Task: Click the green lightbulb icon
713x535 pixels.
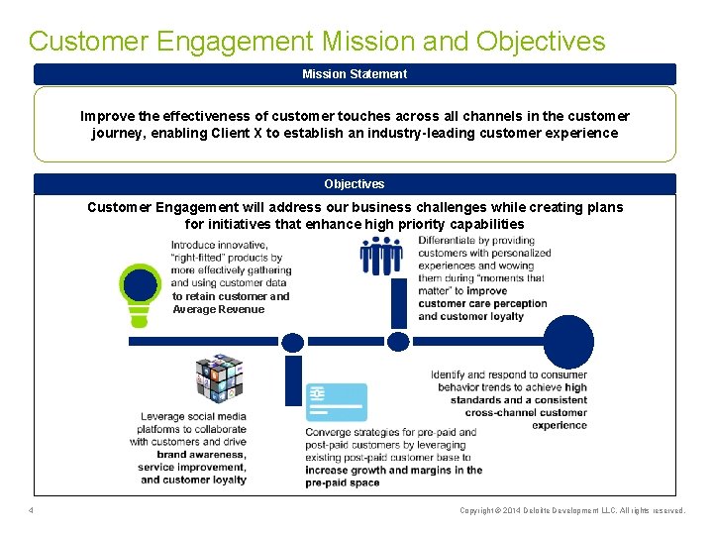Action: pyautogui.click(x=139, y=292)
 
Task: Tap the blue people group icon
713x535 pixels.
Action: pyautogui.click(x=381, y=256)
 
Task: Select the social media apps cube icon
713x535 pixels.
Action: pyautogui.click(x=219, y=377)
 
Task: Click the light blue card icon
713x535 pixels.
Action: pyautogui.click(x=336, y=402)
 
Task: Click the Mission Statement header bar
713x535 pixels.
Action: pyautogui.click(x=355, y=74)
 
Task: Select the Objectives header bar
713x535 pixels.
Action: pyautogui.click(x=355, y=184)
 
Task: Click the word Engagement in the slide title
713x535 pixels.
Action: pyautogui.click(x=247, y=42)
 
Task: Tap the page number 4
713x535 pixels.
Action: pyautogui.click(x=32, y=510)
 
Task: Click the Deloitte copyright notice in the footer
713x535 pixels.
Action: pyautogui.click(x=572, y=510)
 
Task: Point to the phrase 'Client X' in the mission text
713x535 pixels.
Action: pyautogui.click(x=267, y=133)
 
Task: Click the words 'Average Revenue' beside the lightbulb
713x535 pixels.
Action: pyautogui.click(x=219, y=309)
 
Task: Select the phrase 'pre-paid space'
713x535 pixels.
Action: pyautogui.click(x=343, y=482)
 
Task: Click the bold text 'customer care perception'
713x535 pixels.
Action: pyautogui.click(x=482, y=303)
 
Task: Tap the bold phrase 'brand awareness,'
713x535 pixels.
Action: pyautogui.click(x=201, y=454)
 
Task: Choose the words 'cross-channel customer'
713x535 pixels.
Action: pyautogui.click(x=526, y=412)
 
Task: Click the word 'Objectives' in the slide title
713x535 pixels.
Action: pyautogui.click(x=541, y=42)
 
